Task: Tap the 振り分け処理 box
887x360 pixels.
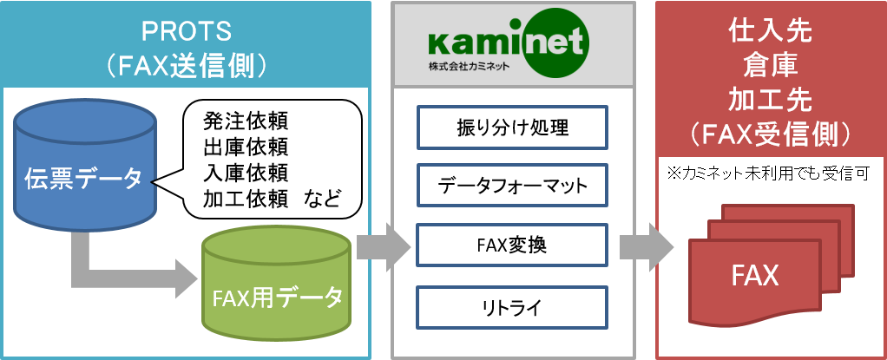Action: (511, 128)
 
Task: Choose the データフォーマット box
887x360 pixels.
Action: (511, 185)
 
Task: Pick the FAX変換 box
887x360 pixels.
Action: (511, 245)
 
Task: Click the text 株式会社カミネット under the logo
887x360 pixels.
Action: (469, 66)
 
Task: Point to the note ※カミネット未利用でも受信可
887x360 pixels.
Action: (767, 174)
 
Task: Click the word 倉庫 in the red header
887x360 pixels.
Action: (771, 66)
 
